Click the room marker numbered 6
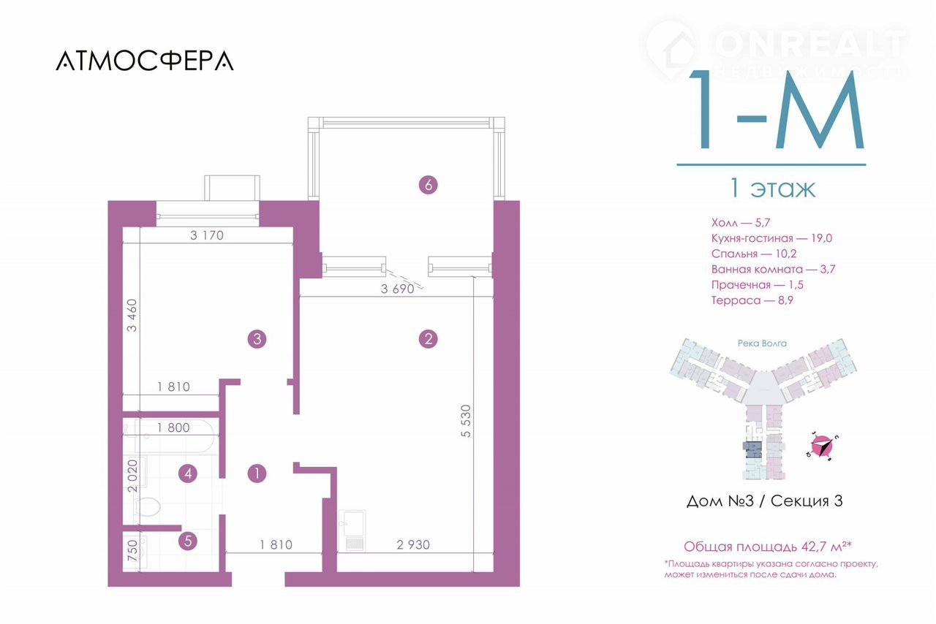[428, 185]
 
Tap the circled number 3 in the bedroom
[257, 339]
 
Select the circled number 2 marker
[428, 339]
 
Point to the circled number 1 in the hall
[257, 473]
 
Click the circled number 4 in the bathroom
[188, 473]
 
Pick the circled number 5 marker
[188, 541]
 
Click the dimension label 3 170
[207, 235]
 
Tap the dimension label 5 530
[466, 421]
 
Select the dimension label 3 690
[397, 289]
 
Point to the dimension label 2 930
[413, 544]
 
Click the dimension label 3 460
[132, 316]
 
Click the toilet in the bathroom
[148, 506]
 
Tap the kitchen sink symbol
[353, 530]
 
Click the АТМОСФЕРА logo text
[145, 61]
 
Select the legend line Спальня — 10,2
[754, 254]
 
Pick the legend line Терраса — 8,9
[752, 300]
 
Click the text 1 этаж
[772, 189]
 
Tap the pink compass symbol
[822, 446]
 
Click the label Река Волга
[762, 343]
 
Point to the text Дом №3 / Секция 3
[764, 501]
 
